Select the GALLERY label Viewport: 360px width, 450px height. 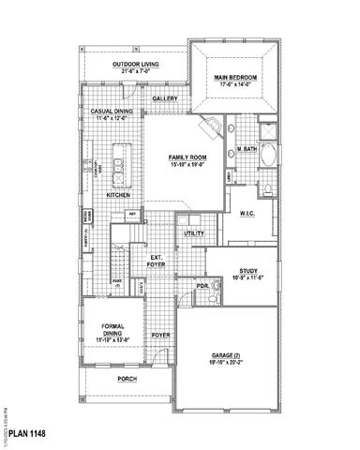165,98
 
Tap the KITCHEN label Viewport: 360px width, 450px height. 118,195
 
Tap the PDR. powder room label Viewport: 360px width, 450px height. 202,285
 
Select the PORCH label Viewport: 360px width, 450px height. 127,380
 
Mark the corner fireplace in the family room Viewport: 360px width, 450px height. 214,129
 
